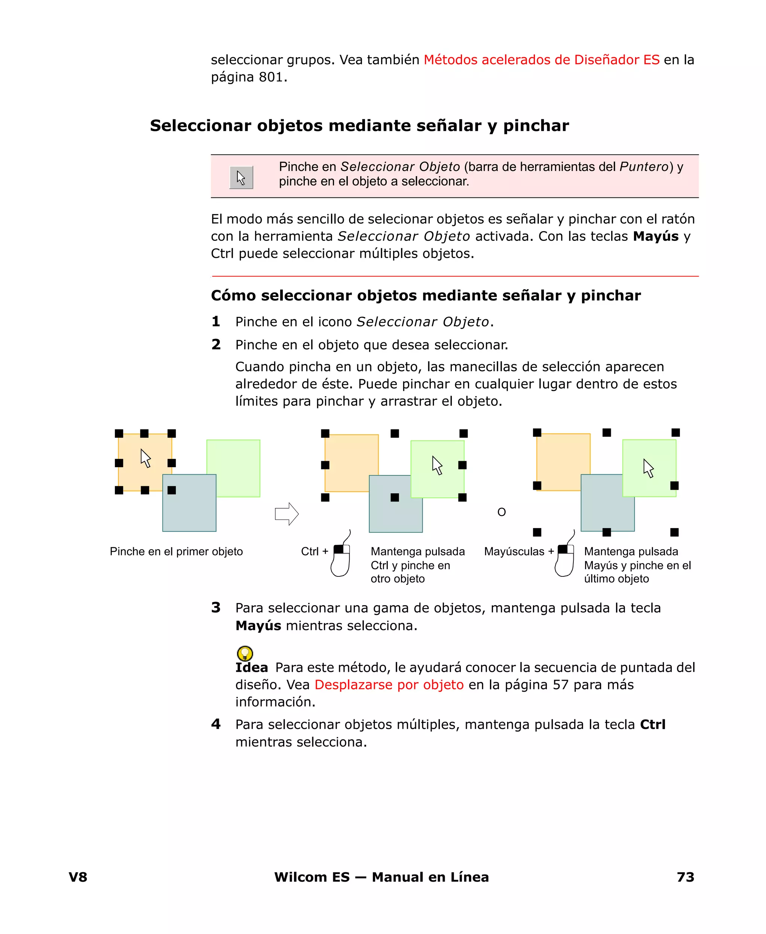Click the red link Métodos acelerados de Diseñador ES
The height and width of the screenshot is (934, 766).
542,59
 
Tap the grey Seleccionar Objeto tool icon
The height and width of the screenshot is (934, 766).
241,177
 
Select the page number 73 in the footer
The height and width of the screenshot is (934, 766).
685,877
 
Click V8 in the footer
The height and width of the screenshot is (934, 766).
78,877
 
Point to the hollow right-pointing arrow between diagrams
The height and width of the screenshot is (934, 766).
287,514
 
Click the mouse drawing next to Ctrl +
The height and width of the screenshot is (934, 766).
341,557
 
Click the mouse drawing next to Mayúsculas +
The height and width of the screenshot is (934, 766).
565,557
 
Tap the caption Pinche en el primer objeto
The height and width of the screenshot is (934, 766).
176,551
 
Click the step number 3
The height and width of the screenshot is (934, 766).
216,607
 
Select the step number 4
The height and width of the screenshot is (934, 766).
216,724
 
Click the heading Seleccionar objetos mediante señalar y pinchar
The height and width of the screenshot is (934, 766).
359,126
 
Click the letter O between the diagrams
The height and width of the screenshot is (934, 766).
501,512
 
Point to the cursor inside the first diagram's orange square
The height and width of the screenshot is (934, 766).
145,458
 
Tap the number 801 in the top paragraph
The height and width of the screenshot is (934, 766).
270,77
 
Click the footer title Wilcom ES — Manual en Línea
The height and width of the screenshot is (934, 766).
381,877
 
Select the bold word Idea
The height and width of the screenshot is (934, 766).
251,668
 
